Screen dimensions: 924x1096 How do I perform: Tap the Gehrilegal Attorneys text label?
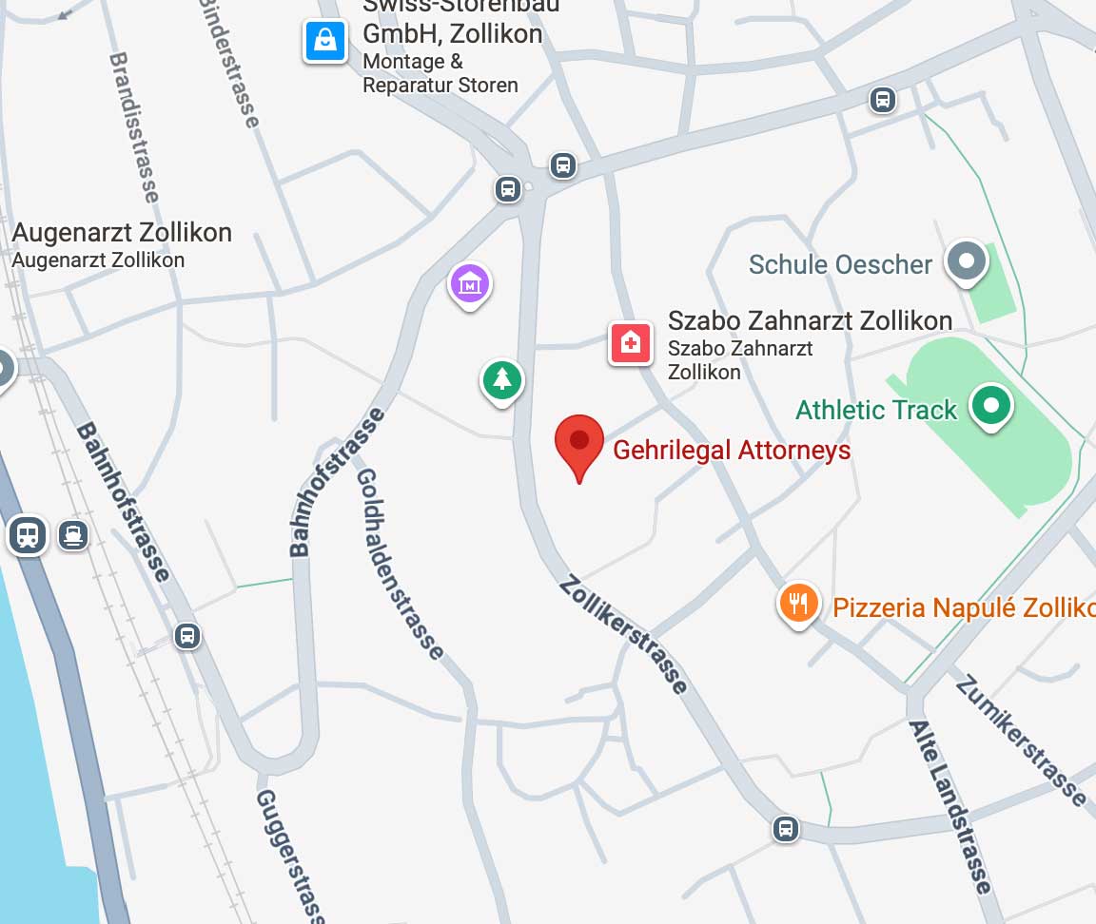(x=732, y=450)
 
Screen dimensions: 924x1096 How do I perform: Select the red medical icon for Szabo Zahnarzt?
(x=630, y=342)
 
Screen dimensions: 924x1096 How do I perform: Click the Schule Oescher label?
(x=840, y=264)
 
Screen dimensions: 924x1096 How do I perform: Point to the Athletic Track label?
(x=875, y=411)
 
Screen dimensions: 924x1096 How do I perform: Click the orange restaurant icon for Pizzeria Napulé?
(x=799, y=603)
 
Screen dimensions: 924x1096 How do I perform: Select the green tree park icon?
(x=501, y=381)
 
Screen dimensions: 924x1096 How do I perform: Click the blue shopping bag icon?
(x=325, y=41)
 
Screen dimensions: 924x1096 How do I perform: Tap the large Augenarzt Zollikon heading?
(x=122, y=233)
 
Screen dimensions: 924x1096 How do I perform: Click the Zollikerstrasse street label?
(x=623, y=633)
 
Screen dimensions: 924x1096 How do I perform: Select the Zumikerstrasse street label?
(x=1021, y=740)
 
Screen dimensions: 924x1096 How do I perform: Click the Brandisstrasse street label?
(x=133, y=126)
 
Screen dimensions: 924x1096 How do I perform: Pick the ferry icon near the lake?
(x=72, y=535)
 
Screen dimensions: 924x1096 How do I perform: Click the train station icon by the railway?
(x=28, y=536)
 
